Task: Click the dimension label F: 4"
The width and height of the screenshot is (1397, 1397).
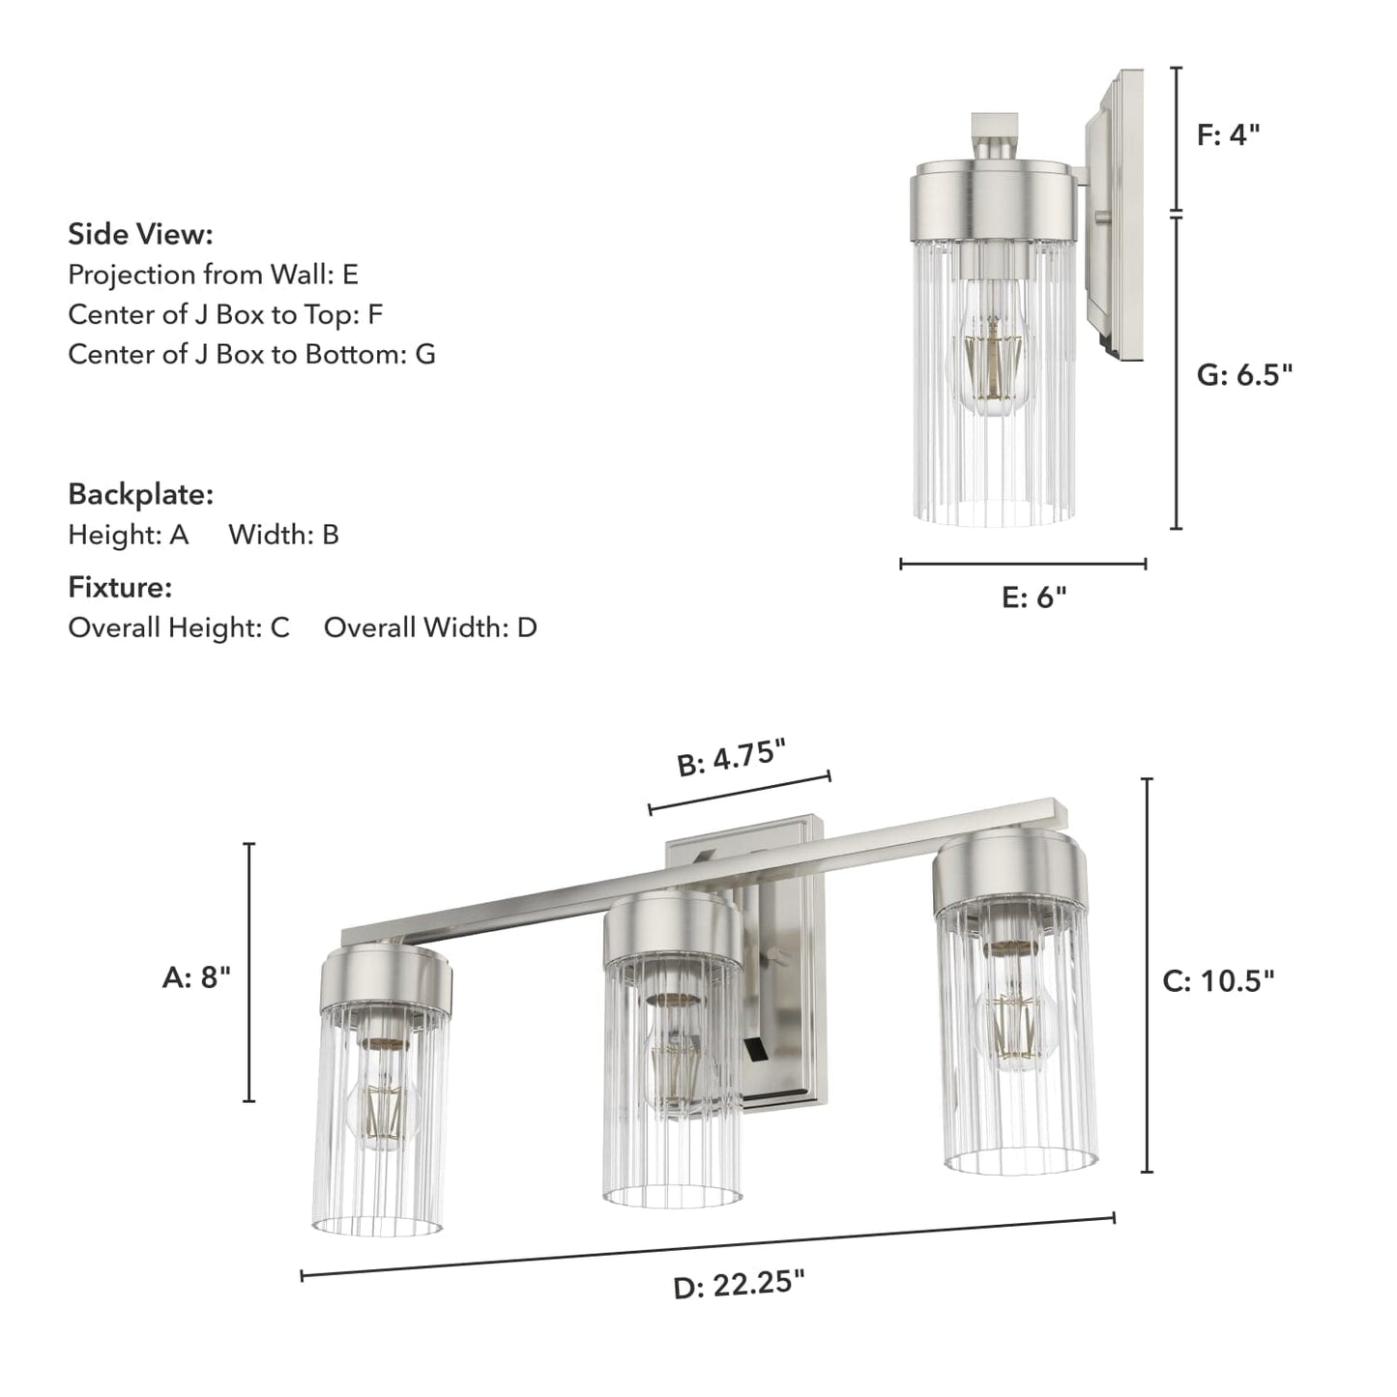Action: [1228, 135]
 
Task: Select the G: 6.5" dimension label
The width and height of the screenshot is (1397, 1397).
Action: [1244, 375]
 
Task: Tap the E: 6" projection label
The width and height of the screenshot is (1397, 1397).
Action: [1033, 598]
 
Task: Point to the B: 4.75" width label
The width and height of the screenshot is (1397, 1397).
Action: [731, 757]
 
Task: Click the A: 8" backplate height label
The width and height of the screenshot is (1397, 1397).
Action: [196, 978]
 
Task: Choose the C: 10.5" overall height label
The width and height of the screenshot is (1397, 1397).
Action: [1218, 981]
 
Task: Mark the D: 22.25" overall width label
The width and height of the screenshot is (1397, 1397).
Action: [739, 1285]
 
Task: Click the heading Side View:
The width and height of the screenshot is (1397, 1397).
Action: [140, 234]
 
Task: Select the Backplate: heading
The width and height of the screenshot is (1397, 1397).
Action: [140, 494]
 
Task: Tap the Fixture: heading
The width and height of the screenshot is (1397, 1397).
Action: [120, 587]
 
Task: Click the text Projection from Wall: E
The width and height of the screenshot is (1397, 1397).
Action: [213, 275]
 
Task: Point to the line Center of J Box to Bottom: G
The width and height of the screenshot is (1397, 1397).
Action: [251, 354]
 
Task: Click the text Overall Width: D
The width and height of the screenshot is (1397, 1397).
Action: [430, 627]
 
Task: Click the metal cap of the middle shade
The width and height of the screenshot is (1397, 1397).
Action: [673, 930]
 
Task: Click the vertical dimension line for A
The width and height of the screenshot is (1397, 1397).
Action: [249, 972]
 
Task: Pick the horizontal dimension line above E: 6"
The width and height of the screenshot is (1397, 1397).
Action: [1023, 564]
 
